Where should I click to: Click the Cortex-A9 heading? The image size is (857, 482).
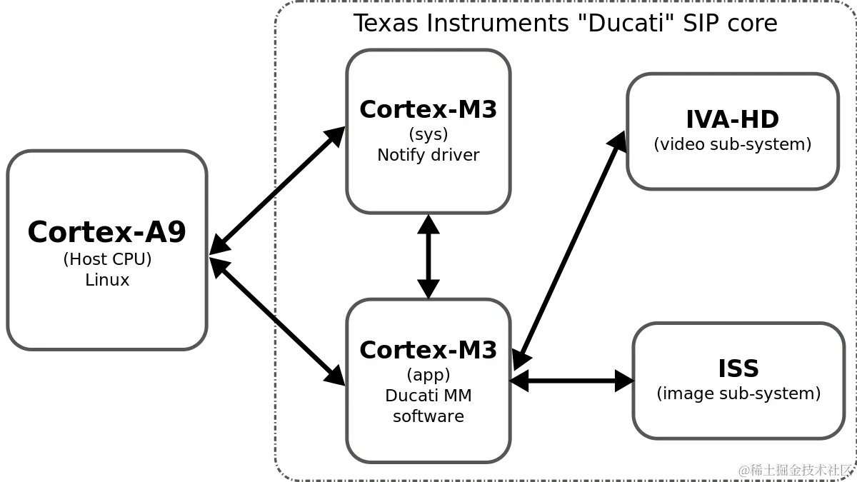tap(107, 232)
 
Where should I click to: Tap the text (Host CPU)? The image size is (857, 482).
tap(107, 258)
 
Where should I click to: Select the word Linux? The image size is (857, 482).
tap(107, 280)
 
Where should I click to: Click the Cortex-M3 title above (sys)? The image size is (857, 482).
tap(428, 109)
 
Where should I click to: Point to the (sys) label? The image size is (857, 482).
tap(428, 134)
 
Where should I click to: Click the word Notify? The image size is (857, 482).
tap(401, 155)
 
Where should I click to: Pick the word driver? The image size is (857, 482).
tap(454, 155)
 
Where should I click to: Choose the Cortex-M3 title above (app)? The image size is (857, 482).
tap(428, 350)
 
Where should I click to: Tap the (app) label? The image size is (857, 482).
tap(428, 375)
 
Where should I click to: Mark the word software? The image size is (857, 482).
tap(428, 416)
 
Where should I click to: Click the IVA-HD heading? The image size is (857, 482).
tap(732, 119)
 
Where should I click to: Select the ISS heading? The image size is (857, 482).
tap(738, 368)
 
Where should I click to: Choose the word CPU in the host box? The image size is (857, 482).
tap(130, 258)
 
